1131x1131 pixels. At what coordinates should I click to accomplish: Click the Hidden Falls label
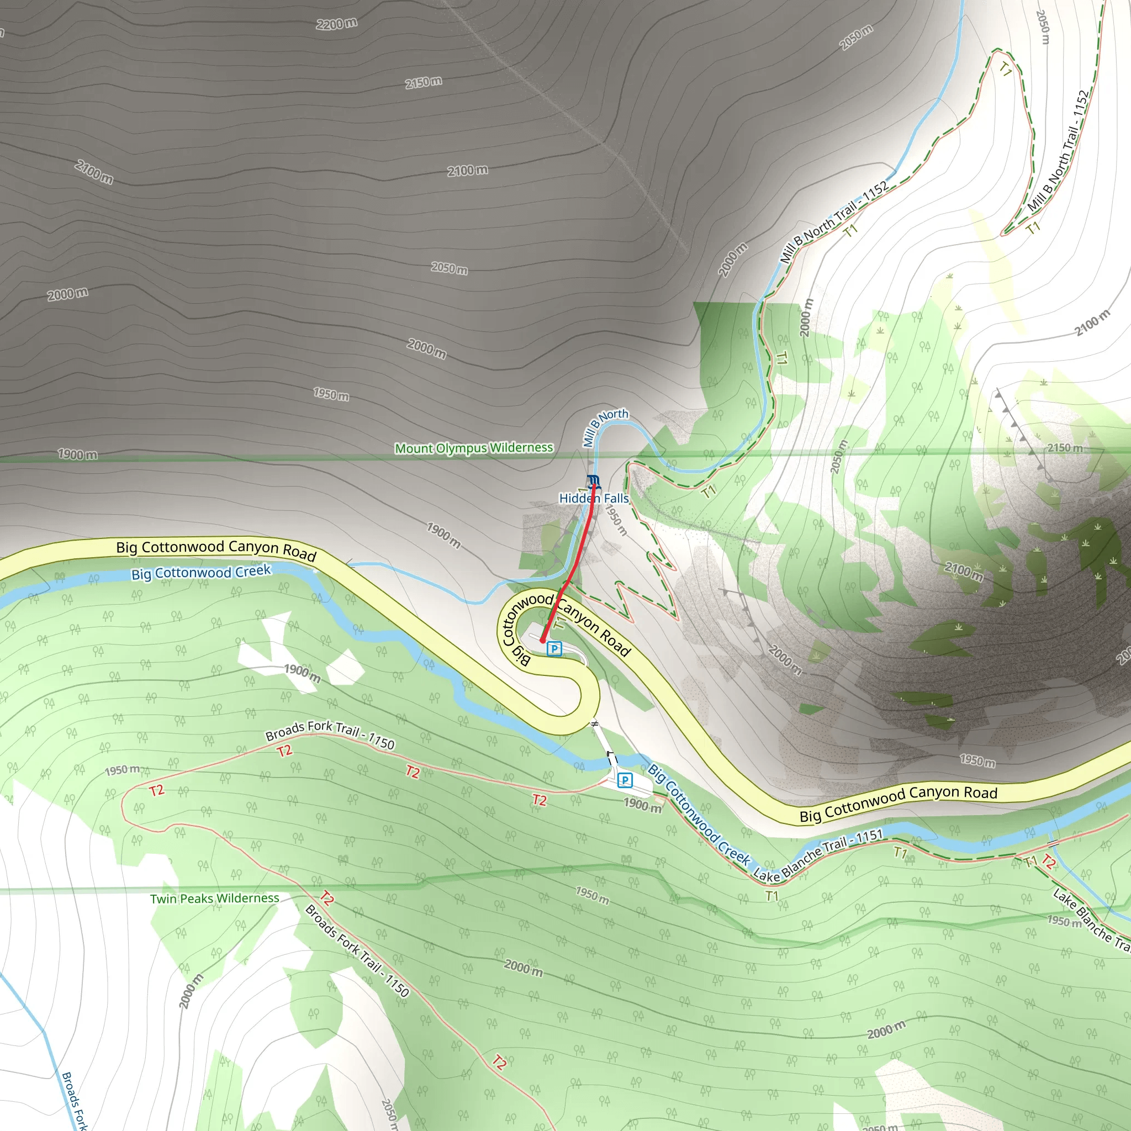pyautogui.click(x=594, y=498)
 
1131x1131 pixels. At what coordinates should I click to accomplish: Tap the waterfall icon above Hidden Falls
pyautogui.click(x=593, y=481)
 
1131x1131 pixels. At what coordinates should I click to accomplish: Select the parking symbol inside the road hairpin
pyautogui.click(x=554, y=649)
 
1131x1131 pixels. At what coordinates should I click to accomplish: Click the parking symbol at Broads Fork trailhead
pyautogui.click(x=625, y=780)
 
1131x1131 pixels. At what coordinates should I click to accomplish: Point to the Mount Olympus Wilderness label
pyautogui.click(x=474, y=448)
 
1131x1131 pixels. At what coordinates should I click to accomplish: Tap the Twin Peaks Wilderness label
pyautogui.click(x=214, y=899)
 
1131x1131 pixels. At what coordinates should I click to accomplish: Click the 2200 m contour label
pyautogui.click(x=337, y=24)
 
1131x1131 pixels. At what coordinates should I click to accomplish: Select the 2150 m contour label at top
pyautogui.click(x=423, y=82)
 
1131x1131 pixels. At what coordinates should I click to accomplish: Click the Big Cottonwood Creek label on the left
pyautogui.click(x=201, y=573)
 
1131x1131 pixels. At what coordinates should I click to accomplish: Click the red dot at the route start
pyautogui.click(x=543, y=641)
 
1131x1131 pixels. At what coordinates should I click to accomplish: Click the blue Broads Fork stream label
pyautogui.click(x=75, y=1101)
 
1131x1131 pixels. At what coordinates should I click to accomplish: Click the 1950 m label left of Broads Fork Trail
pyautogui.click(x=123, y=770)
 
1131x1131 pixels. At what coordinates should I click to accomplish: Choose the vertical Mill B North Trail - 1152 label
pyautogui.click(x=1059, y=151)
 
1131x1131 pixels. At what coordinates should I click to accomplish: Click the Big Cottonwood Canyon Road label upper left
pyautogui.click(x=216, y=549)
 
